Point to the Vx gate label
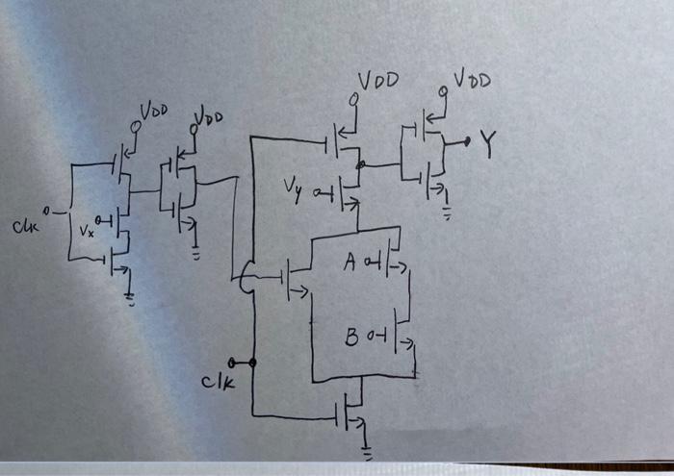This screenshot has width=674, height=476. [x=86, y=231]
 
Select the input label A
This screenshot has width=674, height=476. [x=350, y=262]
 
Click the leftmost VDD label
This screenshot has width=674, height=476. [x=154, y=113]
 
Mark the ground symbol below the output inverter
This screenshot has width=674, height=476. [x=446, y=213]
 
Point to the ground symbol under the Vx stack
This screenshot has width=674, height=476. [x=130, y=298]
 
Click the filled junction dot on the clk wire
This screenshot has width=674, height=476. [x=253, y=363]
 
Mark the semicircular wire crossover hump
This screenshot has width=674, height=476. [x=242, y=281]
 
